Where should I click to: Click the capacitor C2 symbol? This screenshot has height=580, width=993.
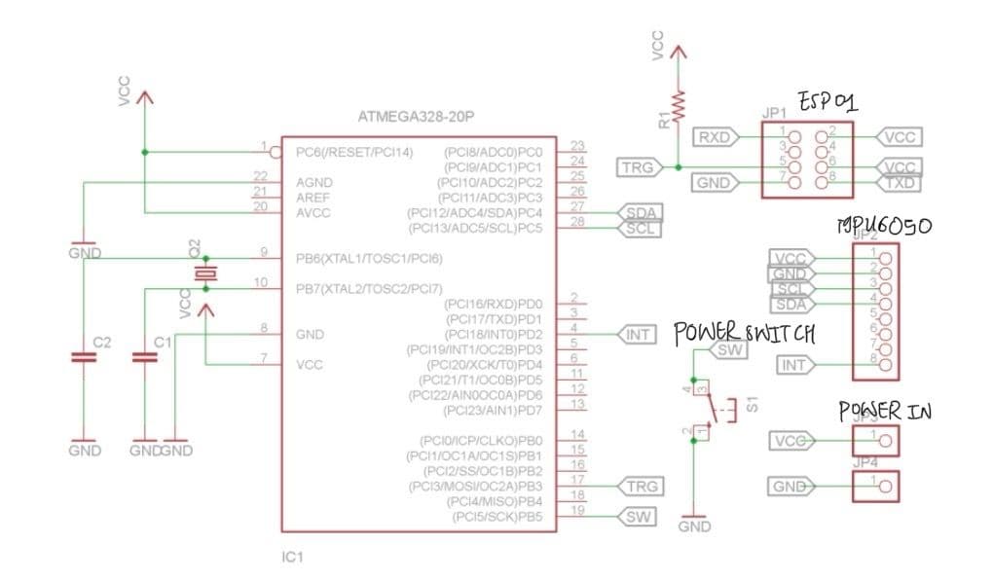click(85, 358)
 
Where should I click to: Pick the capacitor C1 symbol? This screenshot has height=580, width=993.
click(144, 358)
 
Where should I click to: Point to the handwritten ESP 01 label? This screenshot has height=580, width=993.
click(826, 101)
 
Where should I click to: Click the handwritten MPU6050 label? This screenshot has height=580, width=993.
click(884, 226)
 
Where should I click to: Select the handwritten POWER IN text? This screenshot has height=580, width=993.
click(885, 411)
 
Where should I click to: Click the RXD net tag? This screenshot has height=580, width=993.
click(716, 137)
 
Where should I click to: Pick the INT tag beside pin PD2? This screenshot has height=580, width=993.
click(638, 335)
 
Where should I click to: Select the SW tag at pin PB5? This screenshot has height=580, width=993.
click(638, 517)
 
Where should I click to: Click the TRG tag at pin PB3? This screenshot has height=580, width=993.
click(640, 486)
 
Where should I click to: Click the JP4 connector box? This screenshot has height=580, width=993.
click(873, 485)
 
